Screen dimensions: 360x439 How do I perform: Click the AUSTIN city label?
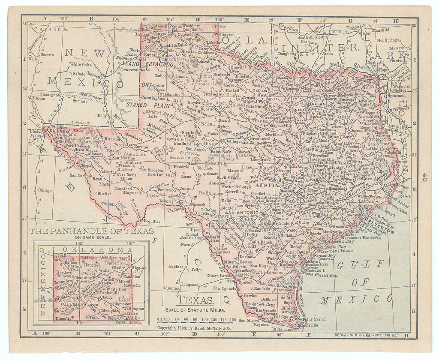(263, 187)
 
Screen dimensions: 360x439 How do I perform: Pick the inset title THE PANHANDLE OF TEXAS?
(92, 231)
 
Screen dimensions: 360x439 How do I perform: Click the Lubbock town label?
(162, 75)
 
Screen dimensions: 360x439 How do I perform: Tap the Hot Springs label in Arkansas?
(388, 40)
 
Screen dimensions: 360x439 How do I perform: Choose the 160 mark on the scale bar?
(233, 319)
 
